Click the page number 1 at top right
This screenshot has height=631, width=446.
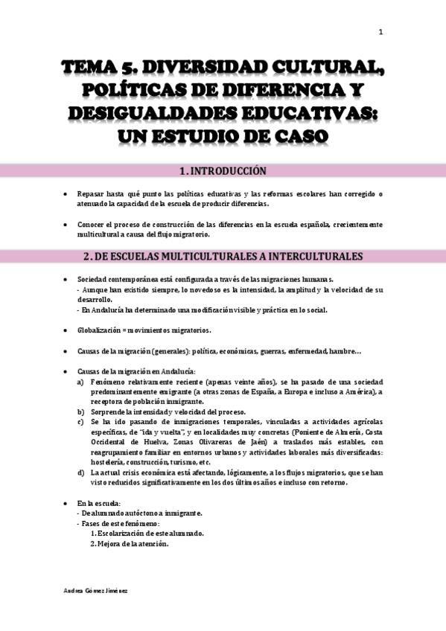tap(380, 31)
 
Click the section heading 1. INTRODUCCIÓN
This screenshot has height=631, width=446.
tap(223, 171)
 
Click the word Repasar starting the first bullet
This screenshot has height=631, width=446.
tap(92, 194)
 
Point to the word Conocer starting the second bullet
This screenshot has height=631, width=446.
tap(92, 224)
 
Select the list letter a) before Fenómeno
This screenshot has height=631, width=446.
tap(80, 380)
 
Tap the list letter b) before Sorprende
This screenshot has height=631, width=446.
tap(80, 411)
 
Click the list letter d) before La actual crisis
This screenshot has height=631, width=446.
tap(80, 473)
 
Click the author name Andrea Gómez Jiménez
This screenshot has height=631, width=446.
tap(97, 590)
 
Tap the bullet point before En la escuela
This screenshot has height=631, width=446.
tap(66, 503)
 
